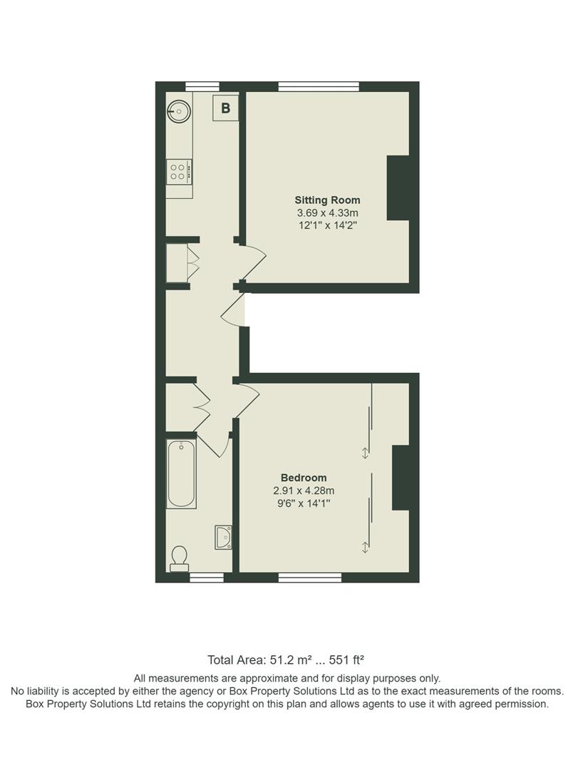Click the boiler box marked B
pos(226,108)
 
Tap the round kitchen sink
pos(179,111)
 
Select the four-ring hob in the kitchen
pos(178,170)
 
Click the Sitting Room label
pos(327,200)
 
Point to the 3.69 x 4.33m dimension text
pos(327,212)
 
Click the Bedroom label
pos(304,478)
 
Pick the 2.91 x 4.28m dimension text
pos(304,491)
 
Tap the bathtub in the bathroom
pos(181,473)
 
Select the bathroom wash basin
pos(224,536)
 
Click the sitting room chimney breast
pos(398,188)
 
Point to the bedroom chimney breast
pos(401,478)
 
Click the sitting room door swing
pos(253,261)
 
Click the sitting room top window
pos(319,87)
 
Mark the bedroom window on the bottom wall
pos(309,577)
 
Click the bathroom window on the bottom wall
pos(206,577)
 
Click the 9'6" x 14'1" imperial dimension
pos(304,503)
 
